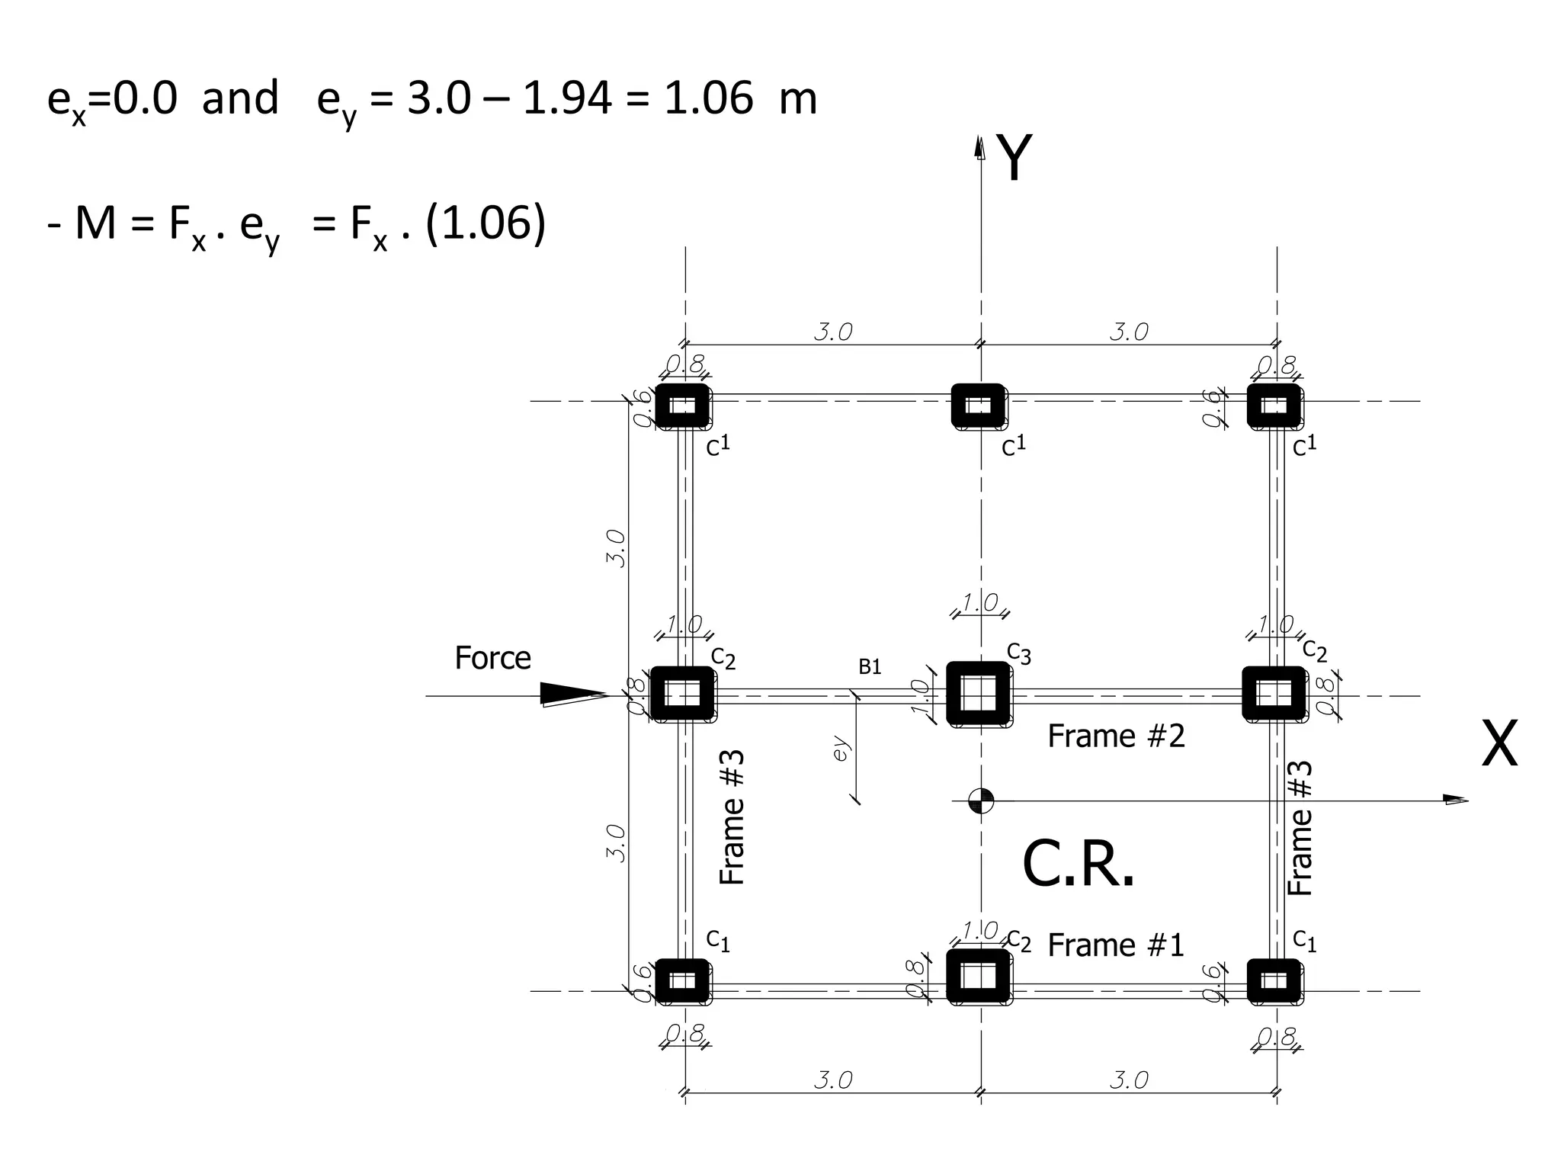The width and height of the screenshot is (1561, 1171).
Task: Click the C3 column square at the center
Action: pos(979,693)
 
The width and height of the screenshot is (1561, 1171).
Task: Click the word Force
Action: pos(492,658)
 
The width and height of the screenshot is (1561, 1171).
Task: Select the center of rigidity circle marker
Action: pos(981,800)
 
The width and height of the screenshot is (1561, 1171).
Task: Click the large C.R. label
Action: pos(1078,865)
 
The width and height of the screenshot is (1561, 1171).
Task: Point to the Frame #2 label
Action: pos(1116,736)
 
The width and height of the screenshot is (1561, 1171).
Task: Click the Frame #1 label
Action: pos(1116,945)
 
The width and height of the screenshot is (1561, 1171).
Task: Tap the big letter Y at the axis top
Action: pos(1014,159)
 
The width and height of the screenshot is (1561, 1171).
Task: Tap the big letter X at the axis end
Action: pos(1499,745)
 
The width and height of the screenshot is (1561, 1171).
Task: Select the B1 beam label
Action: pos(870,667)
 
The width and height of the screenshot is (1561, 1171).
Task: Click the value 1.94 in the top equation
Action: pos(567,99)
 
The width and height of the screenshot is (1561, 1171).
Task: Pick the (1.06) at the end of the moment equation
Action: pos(486,224)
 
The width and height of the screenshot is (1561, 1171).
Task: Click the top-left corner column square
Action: pos(682,406)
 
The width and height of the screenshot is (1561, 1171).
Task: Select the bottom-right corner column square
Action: pos(1274,980)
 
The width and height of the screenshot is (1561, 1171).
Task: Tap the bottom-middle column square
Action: pos(978,976)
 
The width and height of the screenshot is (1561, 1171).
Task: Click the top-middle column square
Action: pos(978,406)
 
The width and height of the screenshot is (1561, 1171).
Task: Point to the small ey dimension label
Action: pos(841,749)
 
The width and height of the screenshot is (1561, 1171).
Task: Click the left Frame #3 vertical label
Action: pos(732,817)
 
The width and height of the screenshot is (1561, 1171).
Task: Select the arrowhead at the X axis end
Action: pos(1455,800)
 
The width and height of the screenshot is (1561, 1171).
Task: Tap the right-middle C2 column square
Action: pos(1274,694)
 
